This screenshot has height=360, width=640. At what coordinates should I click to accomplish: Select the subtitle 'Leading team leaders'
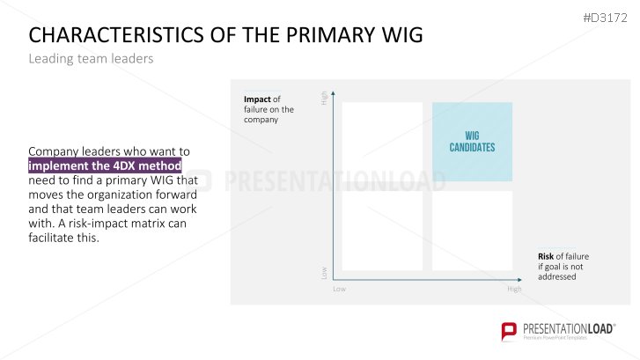(91, 59)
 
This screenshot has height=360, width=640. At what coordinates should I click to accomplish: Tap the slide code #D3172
(606, 18)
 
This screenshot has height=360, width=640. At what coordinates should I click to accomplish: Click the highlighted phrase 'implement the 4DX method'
(105, 165)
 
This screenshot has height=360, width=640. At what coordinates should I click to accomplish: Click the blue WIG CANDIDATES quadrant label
(472, 142)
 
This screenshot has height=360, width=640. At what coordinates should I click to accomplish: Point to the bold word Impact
(257, 99)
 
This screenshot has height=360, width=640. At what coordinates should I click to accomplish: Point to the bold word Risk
(546, 256)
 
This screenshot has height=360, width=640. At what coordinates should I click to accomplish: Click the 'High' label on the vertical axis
(324, 98)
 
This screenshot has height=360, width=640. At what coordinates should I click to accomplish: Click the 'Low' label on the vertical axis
(324, 273)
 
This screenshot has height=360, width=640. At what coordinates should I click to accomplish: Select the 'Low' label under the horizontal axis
(339, 289)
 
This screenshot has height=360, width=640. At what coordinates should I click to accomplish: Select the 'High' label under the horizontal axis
(514, 289)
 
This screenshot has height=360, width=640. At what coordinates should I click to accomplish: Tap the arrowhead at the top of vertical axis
(333, 93)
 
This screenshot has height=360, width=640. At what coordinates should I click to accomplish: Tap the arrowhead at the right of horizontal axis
(519, 280)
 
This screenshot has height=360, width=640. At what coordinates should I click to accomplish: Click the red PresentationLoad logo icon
(509, 331)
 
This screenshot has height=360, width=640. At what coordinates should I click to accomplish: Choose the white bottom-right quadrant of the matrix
(472, 231)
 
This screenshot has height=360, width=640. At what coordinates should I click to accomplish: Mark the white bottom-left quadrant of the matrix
(382, 231)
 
